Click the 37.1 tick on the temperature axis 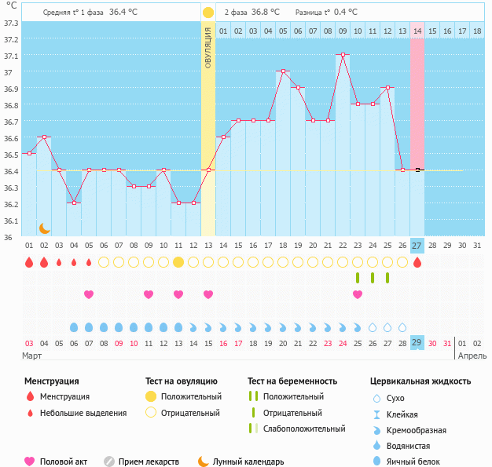coord(11,57)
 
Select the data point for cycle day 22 coord(343,55)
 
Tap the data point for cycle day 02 coord(44,137)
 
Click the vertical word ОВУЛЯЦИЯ coord(207,47)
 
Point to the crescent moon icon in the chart coord(45,228)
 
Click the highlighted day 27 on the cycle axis coord(417,245)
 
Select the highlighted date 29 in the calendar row coord(417,343)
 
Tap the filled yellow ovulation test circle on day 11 coord(178,262)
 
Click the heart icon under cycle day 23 coord(358,294)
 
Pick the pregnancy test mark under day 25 coord(387,278)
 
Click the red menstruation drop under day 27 coord(417,262)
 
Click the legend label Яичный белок coord(420,462)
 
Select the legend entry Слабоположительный coord(305,429)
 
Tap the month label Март coord(32,356)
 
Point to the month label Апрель coord(472,356)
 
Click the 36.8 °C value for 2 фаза coord(265,13)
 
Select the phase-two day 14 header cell coord(417,31)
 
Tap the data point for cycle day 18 coord(283,71)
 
